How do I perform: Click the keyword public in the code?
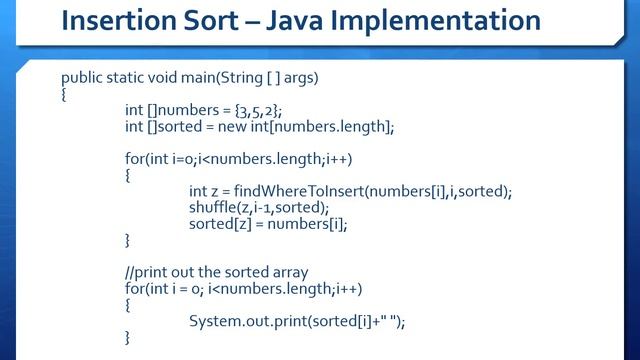(83, 77)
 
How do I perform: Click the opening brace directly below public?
(64, 94)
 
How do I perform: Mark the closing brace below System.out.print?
(128, 338)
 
